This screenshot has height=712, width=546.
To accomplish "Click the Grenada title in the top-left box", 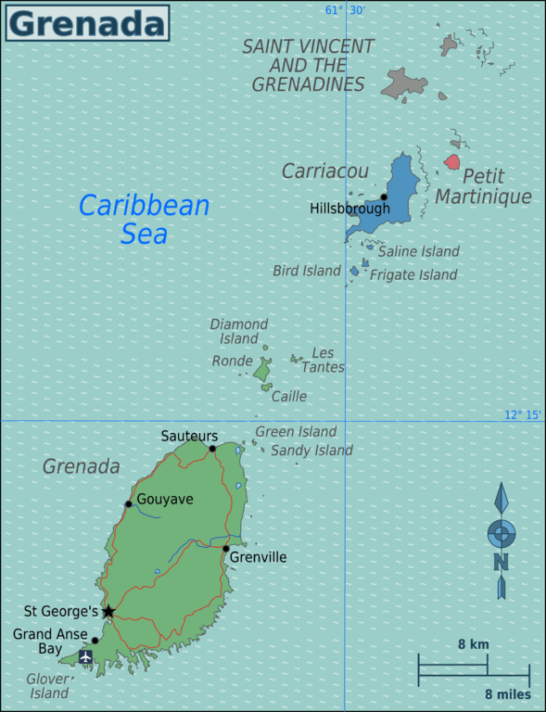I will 87,23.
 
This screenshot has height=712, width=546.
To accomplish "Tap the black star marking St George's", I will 108,611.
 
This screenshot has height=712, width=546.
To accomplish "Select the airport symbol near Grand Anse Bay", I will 86,656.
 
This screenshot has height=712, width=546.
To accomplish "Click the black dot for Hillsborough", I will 384,197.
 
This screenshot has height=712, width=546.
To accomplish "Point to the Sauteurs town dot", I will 212,449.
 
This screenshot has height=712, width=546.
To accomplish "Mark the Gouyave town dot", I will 129,504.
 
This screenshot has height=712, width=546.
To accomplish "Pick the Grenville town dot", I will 225,549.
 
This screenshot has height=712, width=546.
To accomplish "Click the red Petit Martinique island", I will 451,162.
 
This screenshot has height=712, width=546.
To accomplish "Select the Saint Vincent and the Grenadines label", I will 309,65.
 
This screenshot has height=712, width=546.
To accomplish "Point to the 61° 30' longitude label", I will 345,10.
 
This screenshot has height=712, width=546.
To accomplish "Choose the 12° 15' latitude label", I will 523,414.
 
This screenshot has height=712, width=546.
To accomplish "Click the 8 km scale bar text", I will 473,644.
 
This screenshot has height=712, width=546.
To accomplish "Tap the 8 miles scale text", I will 507,693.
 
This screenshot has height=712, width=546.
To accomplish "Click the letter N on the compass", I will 501,562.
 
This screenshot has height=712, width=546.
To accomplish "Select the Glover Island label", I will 49,685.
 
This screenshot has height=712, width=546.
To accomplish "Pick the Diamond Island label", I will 239,331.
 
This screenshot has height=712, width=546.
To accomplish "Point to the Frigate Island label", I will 413,274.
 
